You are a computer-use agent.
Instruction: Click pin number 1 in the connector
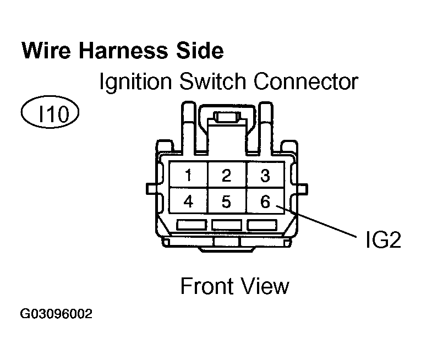(188, 176)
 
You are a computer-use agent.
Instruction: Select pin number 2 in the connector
(226, 176)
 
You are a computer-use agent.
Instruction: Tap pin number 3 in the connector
(265, 176)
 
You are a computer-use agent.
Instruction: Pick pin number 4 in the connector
(188, 202)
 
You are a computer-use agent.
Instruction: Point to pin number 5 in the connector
(226, 202)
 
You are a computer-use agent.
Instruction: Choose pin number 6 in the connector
(265, 202)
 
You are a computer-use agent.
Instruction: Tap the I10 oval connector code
(50, 114)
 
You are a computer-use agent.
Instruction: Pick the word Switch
(215, 83)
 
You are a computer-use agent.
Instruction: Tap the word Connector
(306, 83)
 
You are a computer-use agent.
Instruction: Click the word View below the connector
(266, 286)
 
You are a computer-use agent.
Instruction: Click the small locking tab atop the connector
(226, 117)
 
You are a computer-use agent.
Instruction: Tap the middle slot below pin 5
(226, 225)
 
